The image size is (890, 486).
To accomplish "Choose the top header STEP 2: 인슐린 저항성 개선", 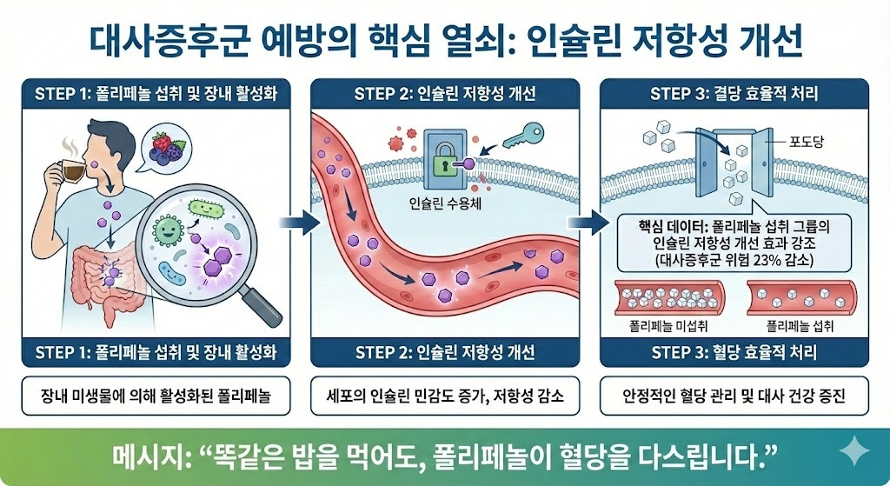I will click(444, 94).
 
